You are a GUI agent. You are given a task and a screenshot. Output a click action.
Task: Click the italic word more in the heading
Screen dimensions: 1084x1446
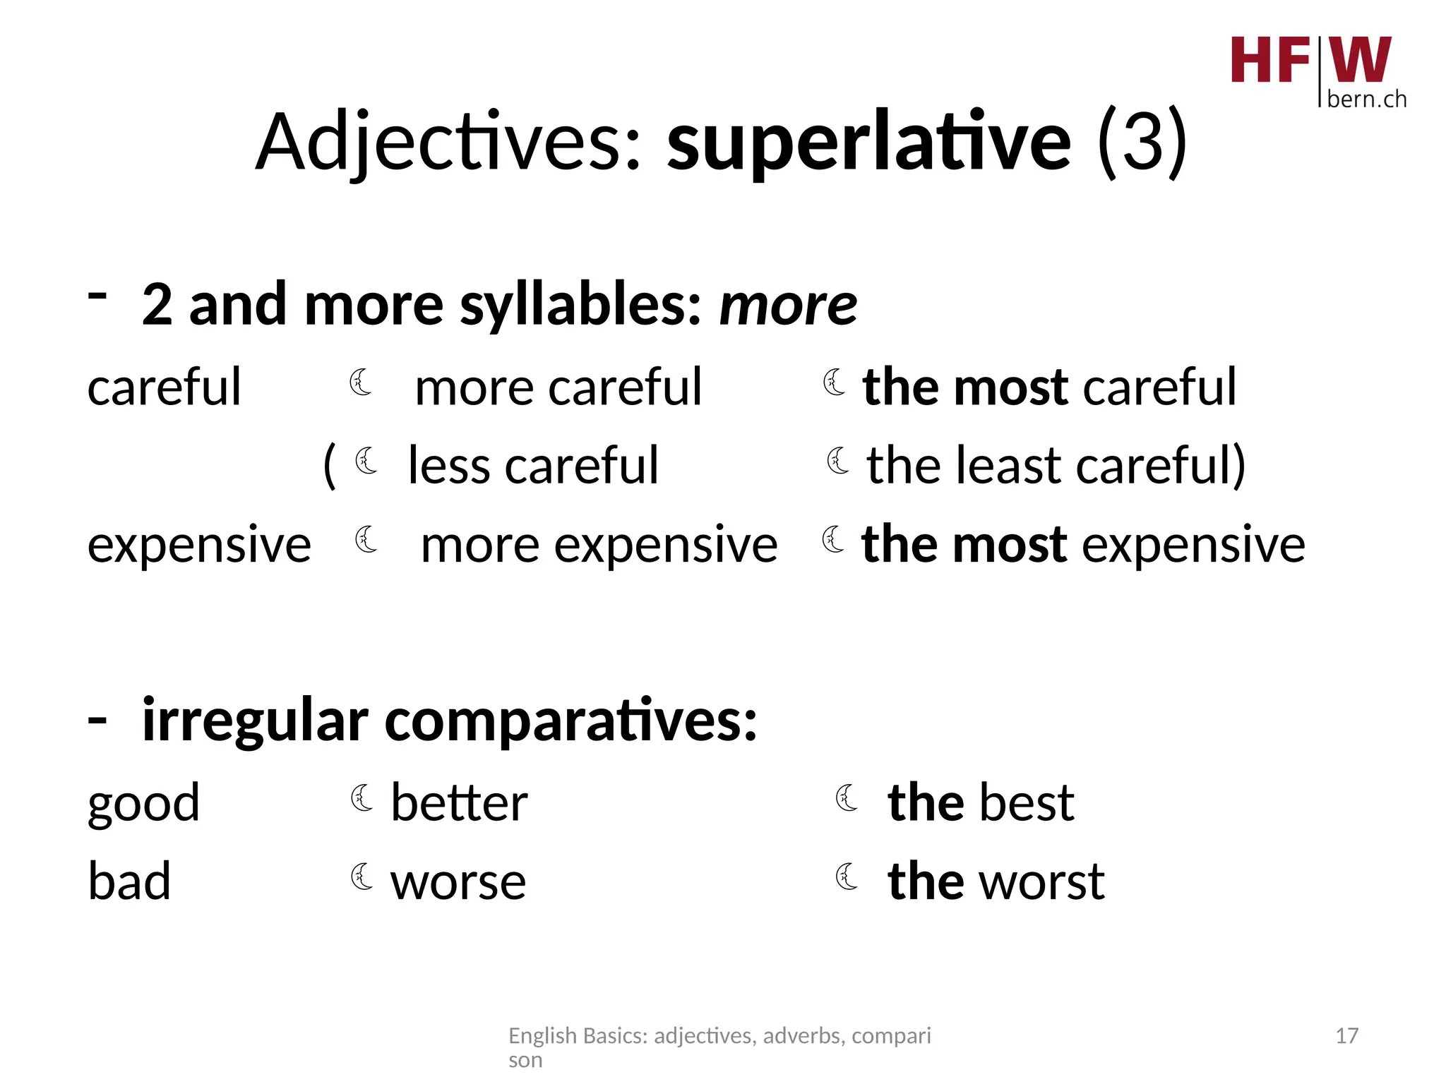click(788, 305)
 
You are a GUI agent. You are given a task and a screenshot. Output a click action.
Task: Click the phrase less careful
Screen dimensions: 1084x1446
click(533, 466)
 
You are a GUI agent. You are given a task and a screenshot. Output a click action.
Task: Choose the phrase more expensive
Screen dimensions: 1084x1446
click(599, 545)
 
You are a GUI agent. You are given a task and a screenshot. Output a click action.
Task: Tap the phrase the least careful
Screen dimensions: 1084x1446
click(1056, 466)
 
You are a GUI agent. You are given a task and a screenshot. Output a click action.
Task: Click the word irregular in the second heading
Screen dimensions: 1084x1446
click(255, 721)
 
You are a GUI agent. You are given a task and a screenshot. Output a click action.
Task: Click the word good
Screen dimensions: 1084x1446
click(144, 804)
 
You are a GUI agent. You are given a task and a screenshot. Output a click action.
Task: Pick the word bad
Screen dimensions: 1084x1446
click(129, 882)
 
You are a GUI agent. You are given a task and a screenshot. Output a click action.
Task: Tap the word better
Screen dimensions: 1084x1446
click(459, 803)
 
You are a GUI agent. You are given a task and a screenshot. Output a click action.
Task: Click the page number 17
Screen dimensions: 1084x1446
click(1346, 1036)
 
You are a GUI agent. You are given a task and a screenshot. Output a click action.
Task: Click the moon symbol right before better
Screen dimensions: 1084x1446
click(362, 798)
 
